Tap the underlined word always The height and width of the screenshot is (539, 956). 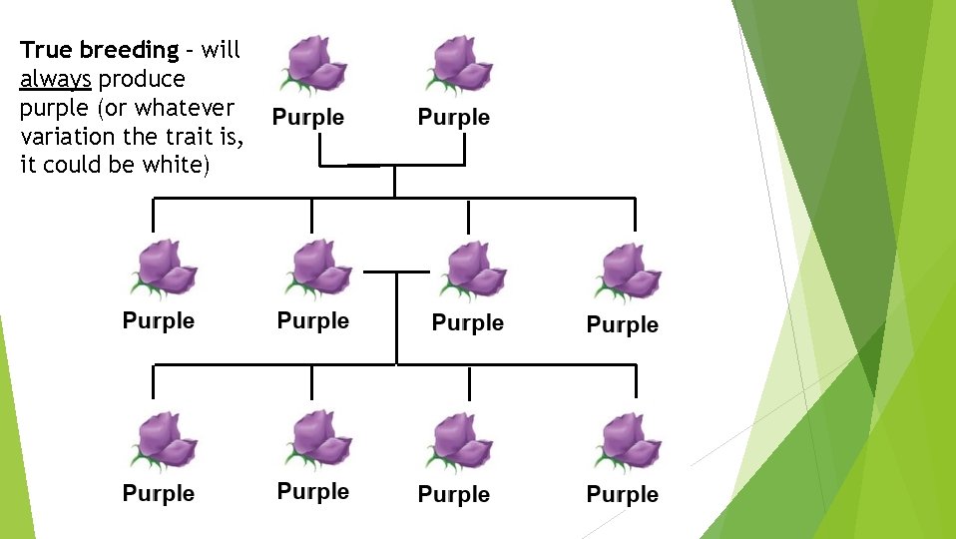[55, 78]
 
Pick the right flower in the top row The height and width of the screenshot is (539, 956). [459, 65]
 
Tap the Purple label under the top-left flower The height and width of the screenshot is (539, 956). [308, 117]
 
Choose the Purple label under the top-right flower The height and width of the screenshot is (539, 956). [454, 117]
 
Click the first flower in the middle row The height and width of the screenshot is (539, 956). [163, 269]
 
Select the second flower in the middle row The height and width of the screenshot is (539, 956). [316, 269]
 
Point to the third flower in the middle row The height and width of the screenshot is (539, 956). [471, 270]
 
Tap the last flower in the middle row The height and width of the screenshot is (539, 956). [627, 272]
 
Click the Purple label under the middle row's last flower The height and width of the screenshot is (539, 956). [623, 324]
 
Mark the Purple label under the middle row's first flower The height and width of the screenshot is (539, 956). [159, 320]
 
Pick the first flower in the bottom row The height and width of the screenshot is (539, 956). [163, 442]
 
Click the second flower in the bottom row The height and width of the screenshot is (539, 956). [316, 440]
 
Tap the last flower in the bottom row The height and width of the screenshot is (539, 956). [627, 442]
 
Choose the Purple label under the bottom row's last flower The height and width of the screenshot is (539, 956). [623, 494]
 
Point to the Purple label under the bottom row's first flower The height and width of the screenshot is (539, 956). [159, 493]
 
